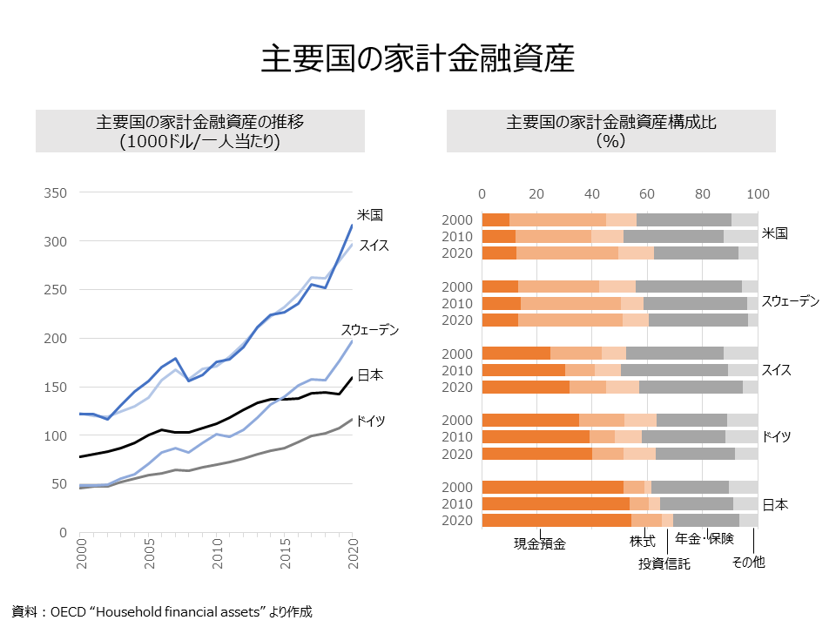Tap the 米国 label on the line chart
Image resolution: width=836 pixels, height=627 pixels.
(370, 214)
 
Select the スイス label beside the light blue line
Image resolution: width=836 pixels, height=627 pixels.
(374, 246)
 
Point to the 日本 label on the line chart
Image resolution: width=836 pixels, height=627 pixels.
(370, 374)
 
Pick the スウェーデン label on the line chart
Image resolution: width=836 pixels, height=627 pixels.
(369, 329)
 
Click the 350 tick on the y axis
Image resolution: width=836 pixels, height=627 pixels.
(56, 192)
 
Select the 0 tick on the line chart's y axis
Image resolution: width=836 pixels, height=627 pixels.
(64, 532)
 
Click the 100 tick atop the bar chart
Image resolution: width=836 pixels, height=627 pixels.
(758, 193)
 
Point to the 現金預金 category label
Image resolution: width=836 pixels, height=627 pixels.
(540, 544)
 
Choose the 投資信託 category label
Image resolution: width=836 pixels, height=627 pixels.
(664, 563)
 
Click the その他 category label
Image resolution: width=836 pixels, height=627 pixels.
(748, 563)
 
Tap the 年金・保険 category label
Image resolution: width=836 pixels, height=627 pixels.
(705, 539)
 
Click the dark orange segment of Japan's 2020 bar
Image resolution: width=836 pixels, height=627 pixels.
(556, 520)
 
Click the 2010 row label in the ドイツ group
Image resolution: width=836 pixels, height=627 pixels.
(457, 436)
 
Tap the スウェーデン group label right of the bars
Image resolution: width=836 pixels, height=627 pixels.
(791, 301)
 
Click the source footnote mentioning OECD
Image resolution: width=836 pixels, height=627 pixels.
(161, 611)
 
